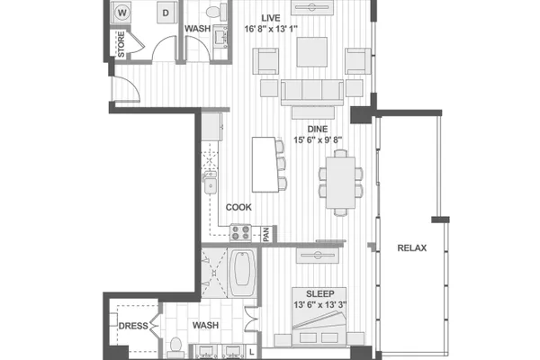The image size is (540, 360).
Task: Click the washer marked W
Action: tap(121, 13)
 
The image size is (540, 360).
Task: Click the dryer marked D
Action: tap(166, 13)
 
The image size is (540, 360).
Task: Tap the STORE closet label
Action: tap(121, 44)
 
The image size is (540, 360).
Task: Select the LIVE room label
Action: tap(271, 18)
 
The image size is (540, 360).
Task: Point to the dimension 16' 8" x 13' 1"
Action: tap(271, 29)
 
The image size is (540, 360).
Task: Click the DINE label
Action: tap(318, 130)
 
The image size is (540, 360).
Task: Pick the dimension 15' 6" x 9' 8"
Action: tap(318, 140)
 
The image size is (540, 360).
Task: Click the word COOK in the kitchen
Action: tap(238, 207)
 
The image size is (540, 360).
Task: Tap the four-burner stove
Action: tap(240, 232)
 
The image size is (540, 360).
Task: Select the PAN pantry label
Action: tap(266, 234)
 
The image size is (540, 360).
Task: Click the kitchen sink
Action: tap(210, 186)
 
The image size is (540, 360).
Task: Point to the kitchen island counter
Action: tap(265, 165)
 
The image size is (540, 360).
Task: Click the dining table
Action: tap(340, 183)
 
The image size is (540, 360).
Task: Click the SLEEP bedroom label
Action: tap(319, 294)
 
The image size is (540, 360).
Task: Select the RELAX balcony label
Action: tap(412, 248)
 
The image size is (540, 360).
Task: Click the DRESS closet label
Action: tap(133, 326)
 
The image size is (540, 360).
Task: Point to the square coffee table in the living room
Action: tap(312, 52)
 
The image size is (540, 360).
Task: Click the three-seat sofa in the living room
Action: tap(312, 93)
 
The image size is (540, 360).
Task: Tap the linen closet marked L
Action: tap(252, 352)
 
